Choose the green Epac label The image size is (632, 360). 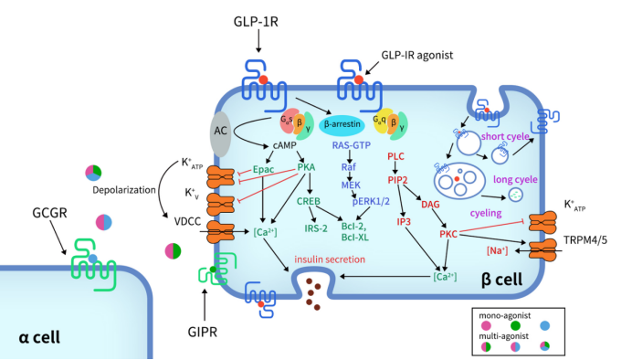tap(265, 169)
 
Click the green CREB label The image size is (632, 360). tap(308, 200)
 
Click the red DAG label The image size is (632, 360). tap(430, 202)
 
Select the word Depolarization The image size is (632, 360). tap(116, 193)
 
